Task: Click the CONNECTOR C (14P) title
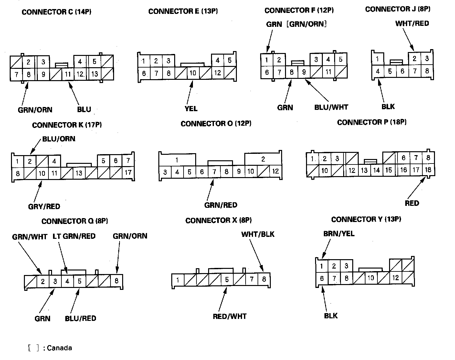click(x=56, y=12)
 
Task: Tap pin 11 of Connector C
click(x=68, y=74)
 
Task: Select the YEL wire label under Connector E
click(x=191, y=109)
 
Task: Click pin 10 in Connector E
click(x=193, y=73)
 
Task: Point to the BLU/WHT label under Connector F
click(x=331, y=107)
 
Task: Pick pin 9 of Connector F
click(x=304, y=72)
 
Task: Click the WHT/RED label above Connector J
click(x=412, y=23)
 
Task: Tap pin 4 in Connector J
click(x=377, y=71)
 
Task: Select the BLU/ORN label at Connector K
click(x=59, y=139)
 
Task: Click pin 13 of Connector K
click(x=79, y=173)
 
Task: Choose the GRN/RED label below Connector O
click(x=221, y=205)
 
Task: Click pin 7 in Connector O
click(x=214, y=172)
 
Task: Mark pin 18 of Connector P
click(x=428, y=170)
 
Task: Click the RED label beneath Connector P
click(x=412, y=203)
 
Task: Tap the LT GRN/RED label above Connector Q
click(x=74, y=236)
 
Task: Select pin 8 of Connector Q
click(x=116, y=281)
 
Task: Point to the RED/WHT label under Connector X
click(x=229, y=316)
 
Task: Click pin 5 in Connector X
click(x=227, y=280)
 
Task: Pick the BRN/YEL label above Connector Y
click(x=339, y=234)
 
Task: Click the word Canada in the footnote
click(x=59, y=348)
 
